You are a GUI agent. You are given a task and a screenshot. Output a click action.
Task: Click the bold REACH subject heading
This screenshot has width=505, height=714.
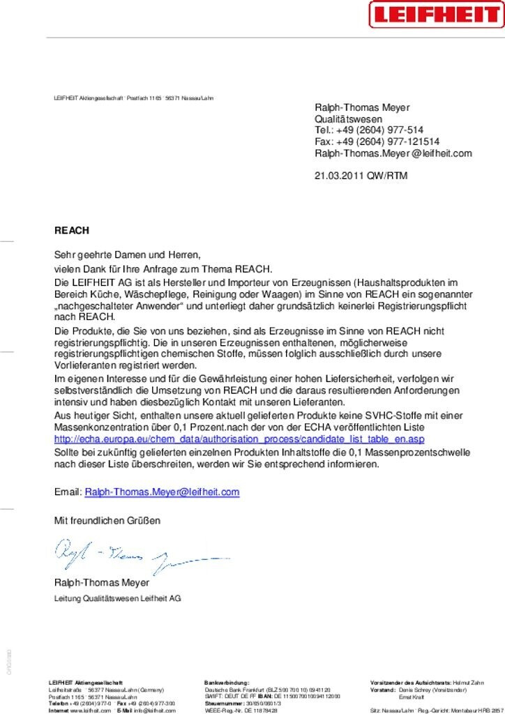tap(72, 230)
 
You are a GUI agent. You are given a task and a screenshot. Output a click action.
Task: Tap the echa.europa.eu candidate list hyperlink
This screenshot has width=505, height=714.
tap(239, 439)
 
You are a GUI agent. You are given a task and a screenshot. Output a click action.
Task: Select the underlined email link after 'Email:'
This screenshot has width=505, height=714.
tap(162, 492)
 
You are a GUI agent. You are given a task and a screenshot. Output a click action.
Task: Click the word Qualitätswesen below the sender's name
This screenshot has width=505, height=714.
tap(349, 119)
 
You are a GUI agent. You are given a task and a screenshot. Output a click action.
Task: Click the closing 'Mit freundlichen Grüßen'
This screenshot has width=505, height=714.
tap(107, 520)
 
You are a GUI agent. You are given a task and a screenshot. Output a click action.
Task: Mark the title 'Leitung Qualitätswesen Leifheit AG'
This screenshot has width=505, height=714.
tap(118, 598)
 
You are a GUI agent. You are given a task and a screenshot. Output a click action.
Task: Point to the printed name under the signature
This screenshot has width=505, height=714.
tap(102, 582)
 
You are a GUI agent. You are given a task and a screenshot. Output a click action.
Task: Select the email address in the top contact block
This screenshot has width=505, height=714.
tap(393, 153)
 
